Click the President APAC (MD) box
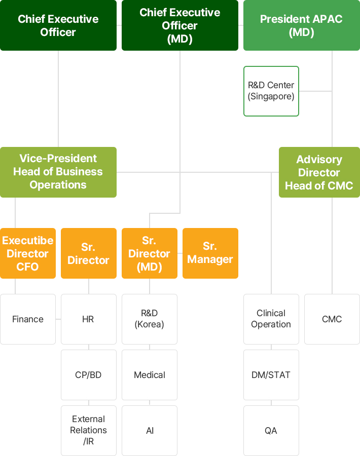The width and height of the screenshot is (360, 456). point(302,25)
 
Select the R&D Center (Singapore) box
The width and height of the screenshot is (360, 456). point(271,91)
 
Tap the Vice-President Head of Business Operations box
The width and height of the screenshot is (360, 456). point(58,172)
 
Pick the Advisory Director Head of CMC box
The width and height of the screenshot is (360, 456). point(319,172)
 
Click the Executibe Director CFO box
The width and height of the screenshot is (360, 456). point(28,253)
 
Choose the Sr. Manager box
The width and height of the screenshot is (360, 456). point(210,253)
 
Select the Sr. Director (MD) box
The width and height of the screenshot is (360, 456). point(150,253)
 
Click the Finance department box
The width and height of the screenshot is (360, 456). point(28,319)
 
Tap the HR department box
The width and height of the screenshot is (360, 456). point(88,319)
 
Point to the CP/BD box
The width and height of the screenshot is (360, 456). point(88,375)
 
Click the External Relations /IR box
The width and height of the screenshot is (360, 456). point(88,430)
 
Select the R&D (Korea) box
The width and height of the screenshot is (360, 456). point(150,319)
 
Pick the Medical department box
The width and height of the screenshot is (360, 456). point(150,375)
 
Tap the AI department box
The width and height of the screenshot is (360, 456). point(150,430)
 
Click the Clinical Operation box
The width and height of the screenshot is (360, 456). point(271,319)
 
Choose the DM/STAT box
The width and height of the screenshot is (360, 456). point(271,375)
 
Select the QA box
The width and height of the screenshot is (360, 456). point(271,430)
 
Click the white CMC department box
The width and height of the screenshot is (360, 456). point(332,319)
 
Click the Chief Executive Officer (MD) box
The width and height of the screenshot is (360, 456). point(180,25)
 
